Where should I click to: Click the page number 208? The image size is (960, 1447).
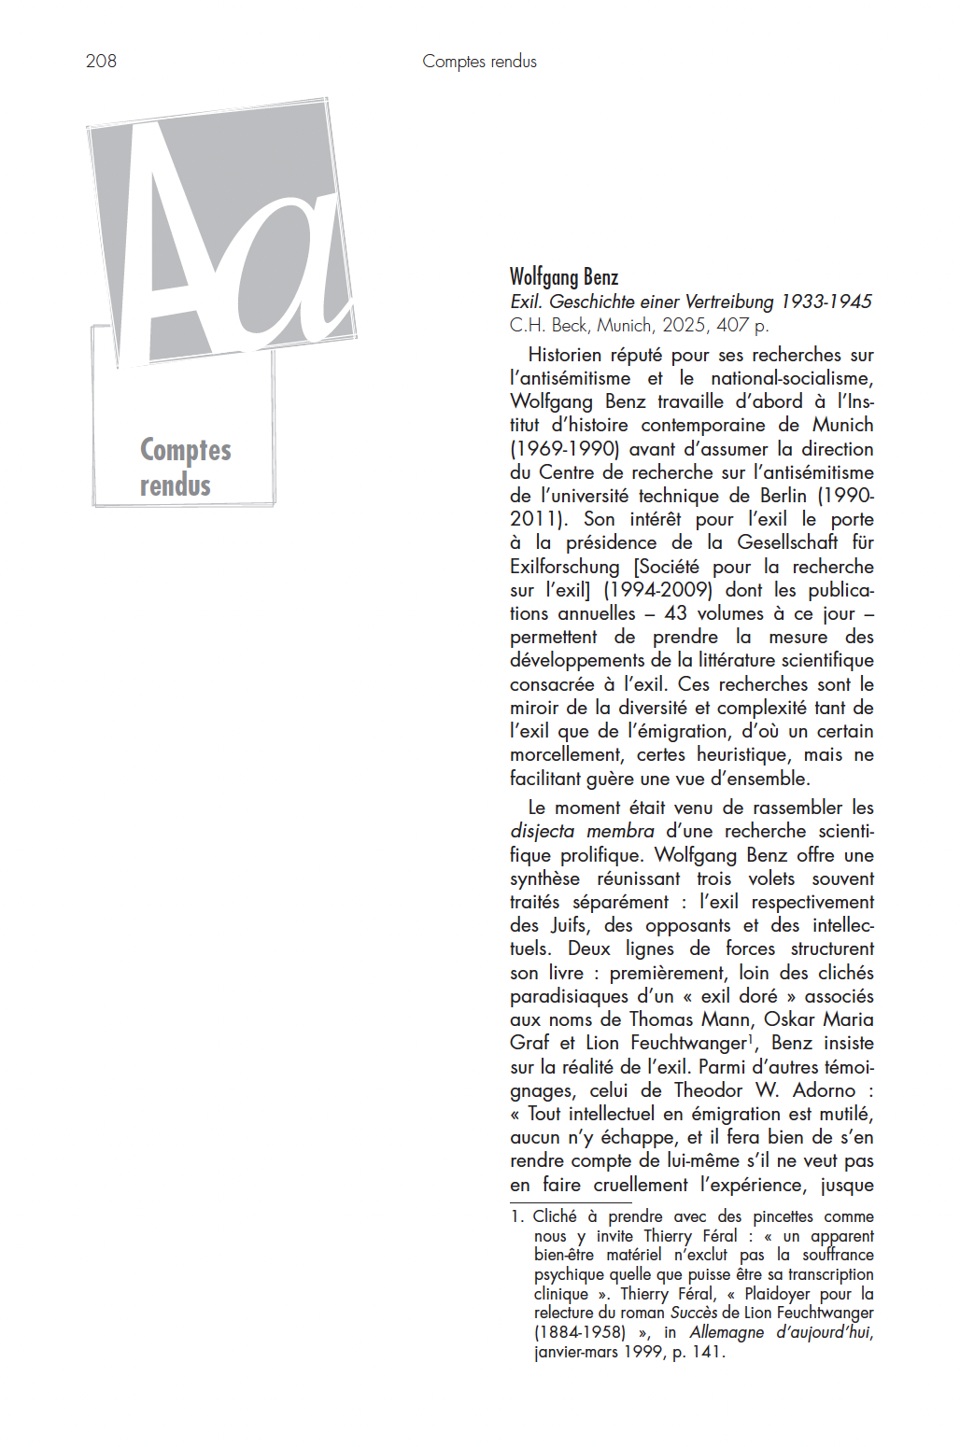click(101, 62)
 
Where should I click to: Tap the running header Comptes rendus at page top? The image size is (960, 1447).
click(479, 62)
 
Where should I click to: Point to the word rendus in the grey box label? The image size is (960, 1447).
click(176, 485)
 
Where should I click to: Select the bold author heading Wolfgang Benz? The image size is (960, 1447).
click(563, 277)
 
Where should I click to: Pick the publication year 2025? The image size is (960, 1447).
click(685, 325)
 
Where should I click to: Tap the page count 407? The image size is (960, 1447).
click(733, 325)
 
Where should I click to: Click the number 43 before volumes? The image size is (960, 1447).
click(675, 613)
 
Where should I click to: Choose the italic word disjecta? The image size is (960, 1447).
click(543, 831)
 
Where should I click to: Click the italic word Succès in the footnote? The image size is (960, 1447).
click(694, 1314)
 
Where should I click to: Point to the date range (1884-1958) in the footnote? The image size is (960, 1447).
click(580, 1333)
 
